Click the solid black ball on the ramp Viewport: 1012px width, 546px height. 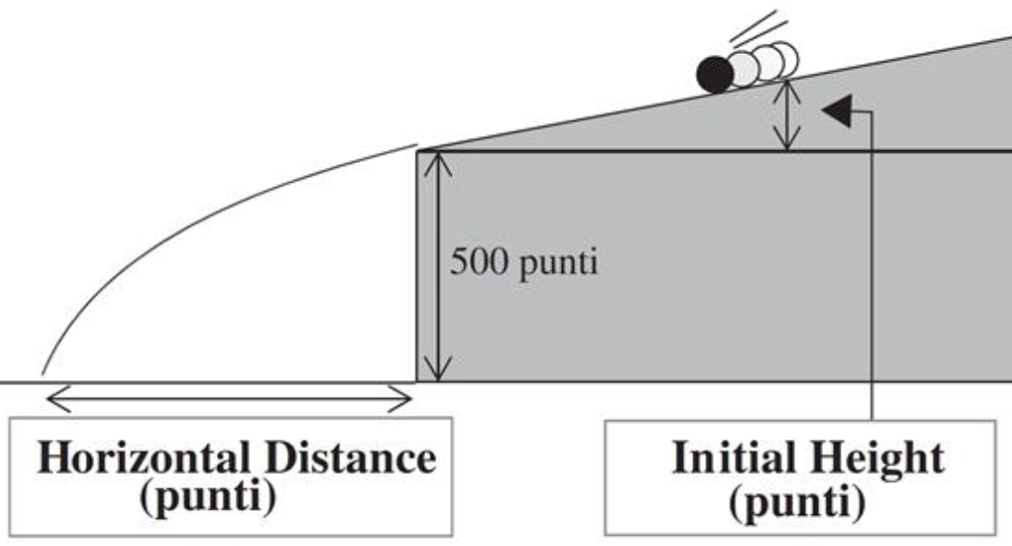(x=715, y=75)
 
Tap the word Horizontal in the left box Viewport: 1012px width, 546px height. (x=141, y=458)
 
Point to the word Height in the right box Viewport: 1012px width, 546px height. (x=881, y=458)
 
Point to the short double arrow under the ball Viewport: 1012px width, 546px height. (x=788, y=116)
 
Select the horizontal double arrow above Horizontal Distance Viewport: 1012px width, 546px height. (x=228, y=402)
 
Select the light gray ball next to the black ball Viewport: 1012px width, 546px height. (x=743, y=68)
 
